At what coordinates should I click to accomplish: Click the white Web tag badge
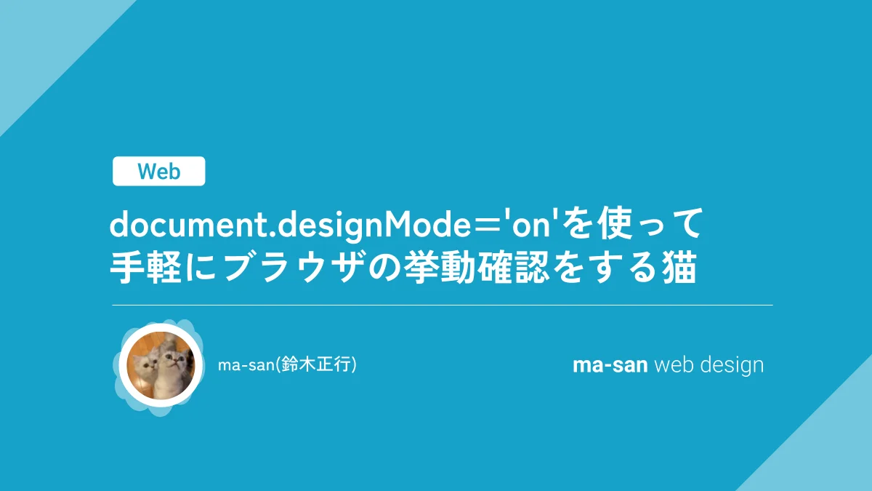(159, 171)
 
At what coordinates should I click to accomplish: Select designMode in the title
(374, 226)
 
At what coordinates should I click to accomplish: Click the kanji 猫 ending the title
(679, 268)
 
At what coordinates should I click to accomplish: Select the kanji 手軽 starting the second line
(146, 268)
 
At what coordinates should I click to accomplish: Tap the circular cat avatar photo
(161, 365)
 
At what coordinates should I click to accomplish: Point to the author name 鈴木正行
(315, 365)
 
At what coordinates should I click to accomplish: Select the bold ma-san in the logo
(610, 365)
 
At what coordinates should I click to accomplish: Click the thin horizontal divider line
(443, 305)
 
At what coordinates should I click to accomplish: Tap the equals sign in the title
(487, 226)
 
